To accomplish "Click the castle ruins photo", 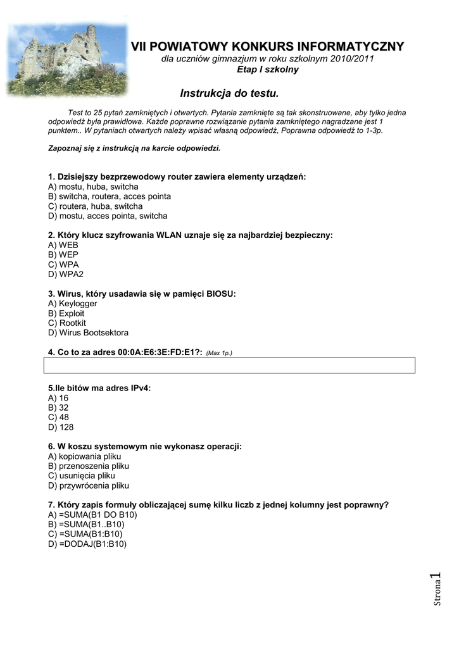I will pos(66,58).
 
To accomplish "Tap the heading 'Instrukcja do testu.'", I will pos(229,94).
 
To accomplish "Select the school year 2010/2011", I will pos(351,59).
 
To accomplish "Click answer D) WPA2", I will pos(66,274).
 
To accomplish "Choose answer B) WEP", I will pos(63,254).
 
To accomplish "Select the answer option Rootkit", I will pos(72,323).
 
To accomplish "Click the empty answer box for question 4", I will pos(229,366).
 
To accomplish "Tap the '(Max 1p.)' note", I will pos(219,353).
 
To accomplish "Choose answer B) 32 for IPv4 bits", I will pos(58,408).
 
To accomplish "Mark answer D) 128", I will pos(61,427).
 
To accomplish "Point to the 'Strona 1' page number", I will pos(436,589).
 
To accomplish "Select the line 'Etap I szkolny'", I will pos(268,70).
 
